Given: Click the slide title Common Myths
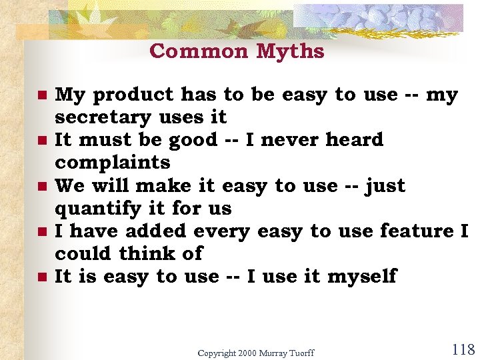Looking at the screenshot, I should pos(237,51).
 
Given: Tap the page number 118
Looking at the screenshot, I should pos(463,349).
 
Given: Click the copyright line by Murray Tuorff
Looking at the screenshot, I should pos(255,353).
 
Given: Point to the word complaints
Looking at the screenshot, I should pos(113,163).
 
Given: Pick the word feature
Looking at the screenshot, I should pos(417,231).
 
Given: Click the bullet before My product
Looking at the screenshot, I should pos(42,96).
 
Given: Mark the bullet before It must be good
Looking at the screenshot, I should pos(42,141).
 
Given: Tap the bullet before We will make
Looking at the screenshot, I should pos(42,187).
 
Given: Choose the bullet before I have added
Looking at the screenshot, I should pos(42,232).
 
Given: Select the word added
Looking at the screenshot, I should pos(157,231).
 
